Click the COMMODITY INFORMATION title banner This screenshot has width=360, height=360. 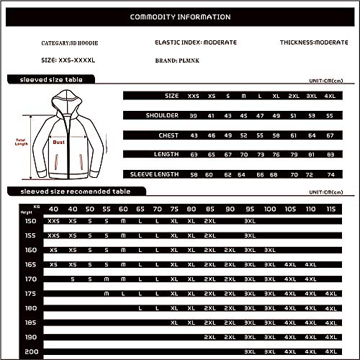coord(180,17)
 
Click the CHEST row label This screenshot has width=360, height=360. coord(169,134)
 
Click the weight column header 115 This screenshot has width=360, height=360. coord(330,209)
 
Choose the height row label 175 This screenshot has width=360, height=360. coord(30,293)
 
